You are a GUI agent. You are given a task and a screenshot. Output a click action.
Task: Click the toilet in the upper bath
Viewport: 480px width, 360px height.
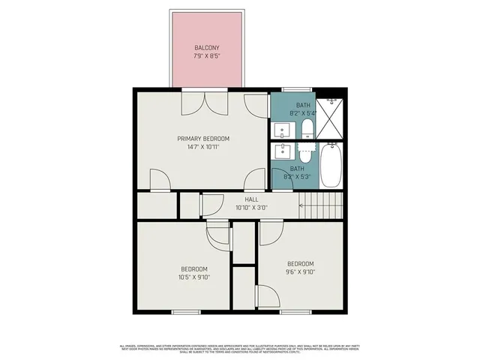[306, 130]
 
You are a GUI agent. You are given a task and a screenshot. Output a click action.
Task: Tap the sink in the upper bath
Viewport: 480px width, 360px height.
[283, 129]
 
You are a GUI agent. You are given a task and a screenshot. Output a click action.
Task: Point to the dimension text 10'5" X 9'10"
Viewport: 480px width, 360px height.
[193, 277]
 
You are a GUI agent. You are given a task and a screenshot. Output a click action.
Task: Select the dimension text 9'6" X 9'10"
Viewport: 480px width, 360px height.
[300, 271]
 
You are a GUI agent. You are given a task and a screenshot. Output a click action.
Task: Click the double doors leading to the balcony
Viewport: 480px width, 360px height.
[202, 101]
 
